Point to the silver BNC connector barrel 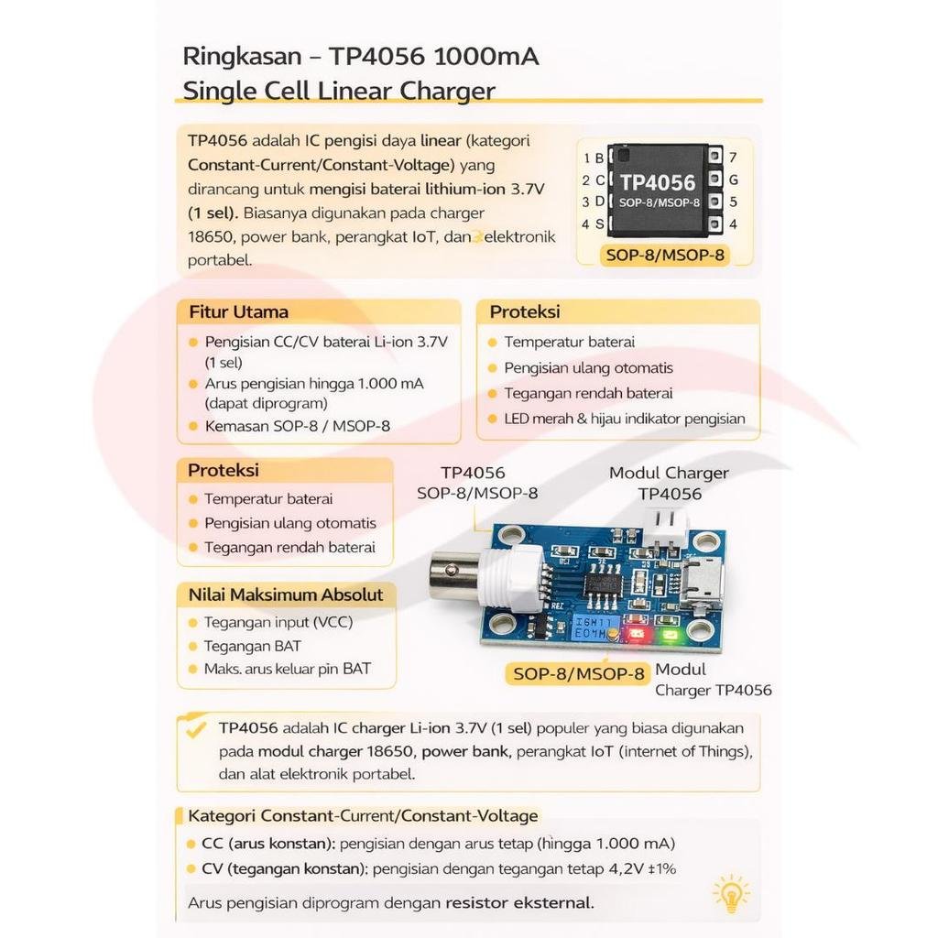pyautogui.click(x=454, y=579)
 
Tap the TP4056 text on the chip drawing pyautogui.click(x=658, y=182)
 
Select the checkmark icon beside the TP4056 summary pyautogui.click(x=195, y=729)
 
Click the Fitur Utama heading pyautogui.click(x=239, y=311)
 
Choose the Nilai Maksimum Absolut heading pyautogui.click(x=286, y=594)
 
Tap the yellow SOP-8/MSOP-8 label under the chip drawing pyautogui.click(x=665, y=255)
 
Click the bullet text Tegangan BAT pyautogui.click(x=253, y=646)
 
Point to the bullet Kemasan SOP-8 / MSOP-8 pyautogui.click(x=298, y=426)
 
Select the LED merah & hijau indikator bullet pyautogui.click(x=625, y=419)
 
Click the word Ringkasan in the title pyautogui.click(x=242, y=57)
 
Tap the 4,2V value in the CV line pyautogui.click(x=627, y=868)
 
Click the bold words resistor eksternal pyautogui.click(x=520, y=902)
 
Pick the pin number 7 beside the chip pyautogui.click(x=733, y=158)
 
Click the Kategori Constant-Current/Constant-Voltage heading pyautogui.click(x=363, y=816)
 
